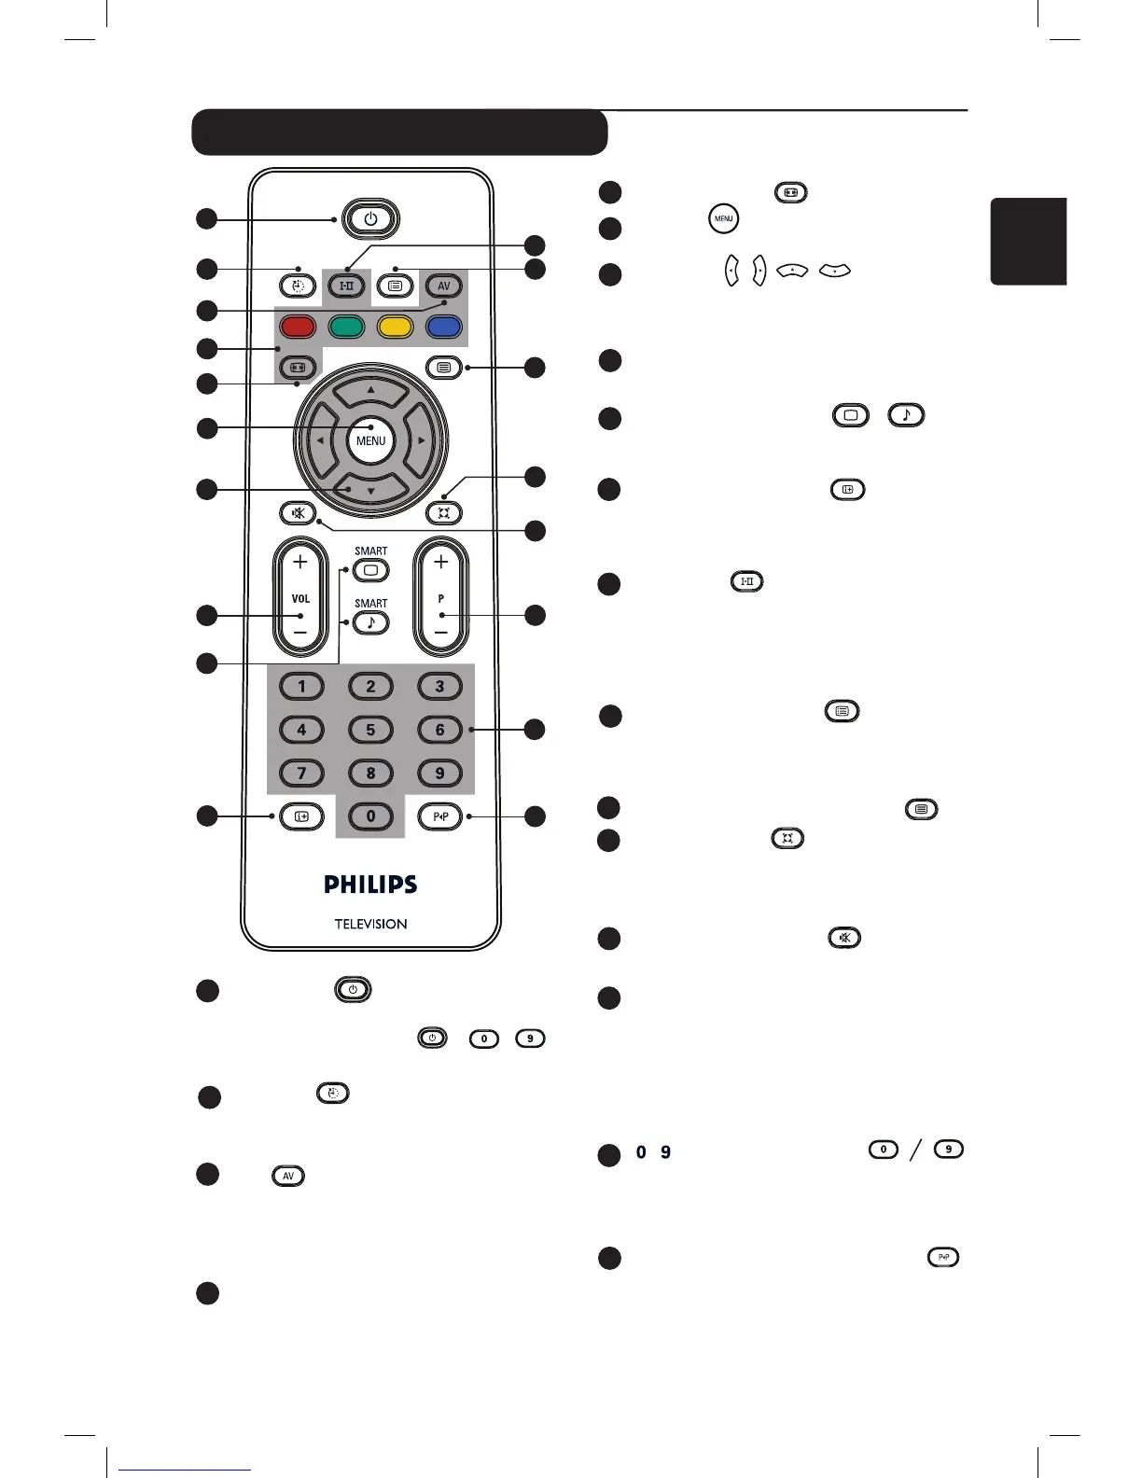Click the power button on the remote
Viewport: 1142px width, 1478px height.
tap(370, 219)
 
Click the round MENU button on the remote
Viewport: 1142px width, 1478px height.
tap(370, 440)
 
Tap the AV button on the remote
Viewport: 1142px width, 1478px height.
tap(443, 286)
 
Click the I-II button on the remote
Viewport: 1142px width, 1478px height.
tap(346, 286)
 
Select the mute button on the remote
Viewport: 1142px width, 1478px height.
tap(298, 512)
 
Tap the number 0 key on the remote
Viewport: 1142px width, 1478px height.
tap(370, 816)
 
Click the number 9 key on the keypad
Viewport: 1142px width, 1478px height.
tap(439, 773)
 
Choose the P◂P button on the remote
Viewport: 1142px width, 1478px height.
tap(440, 816)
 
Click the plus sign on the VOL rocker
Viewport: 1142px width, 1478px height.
tap(299, 562)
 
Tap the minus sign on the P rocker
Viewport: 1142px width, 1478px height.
tap(441, 633)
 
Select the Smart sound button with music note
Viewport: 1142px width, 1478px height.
tap(371, 622)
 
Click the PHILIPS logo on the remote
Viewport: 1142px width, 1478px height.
tap(370, 884)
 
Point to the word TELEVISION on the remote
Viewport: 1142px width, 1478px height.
tap(370, 924)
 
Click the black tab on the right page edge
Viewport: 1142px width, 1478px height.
tap(1028, 241)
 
